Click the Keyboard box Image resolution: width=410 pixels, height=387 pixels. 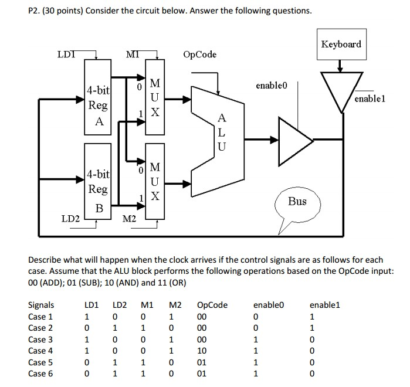(341, 45)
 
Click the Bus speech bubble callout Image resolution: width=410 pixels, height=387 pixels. (297, 202)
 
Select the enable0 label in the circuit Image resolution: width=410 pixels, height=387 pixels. (273, 86)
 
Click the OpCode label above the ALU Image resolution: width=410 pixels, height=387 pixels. (199, 55)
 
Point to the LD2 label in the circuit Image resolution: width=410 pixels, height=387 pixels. (71, 219)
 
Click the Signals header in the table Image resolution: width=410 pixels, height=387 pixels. (41, 305)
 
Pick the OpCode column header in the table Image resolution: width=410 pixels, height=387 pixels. (212, 305)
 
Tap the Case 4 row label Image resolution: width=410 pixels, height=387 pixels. (40, 351)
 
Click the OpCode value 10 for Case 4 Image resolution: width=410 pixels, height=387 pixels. (202, 351)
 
